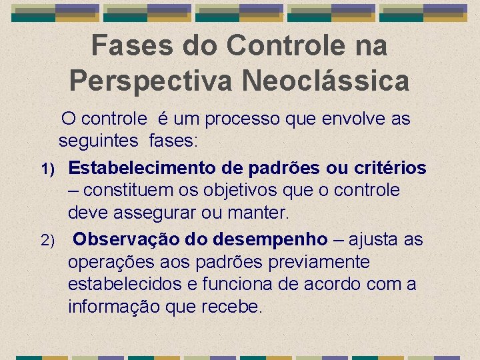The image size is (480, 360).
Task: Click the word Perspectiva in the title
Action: coord(149,81)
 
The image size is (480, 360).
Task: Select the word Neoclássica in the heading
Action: coord(326,81)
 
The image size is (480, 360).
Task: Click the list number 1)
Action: coord(53,167)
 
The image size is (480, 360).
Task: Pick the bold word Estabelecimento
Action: coord(141,167)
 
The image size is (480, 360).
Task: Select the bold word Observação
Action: coord(121,239)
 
